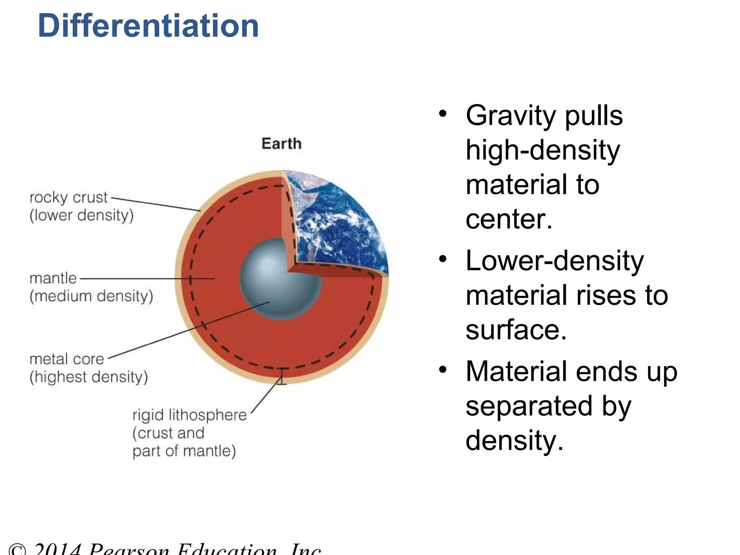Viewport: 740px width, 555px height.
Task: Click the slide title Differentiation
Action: (x=148, y=26)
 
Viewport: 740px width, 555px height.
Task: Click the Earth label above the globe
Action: (x=281, y=143)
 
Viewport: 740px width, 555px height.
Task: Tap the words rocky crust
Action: (x=68, y=197)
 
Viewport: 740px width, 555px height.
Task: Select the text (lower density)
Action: (x=82, y=215)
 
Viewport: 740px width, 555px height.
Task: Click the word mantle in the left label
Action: (x=53, y=278)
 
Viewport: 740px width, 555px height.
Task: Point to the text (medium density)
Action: (x=91, y=296)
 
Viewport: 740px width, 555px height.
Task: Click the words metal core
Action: (x=67, y=359)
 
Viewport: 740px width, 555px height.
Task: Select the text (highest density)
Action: (x=89, y=377)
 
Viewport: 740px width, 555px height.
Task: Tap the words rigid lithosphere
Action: (x=190, y=415)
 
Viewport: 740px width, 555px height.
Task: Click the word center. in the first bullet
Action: (x=509, y=219)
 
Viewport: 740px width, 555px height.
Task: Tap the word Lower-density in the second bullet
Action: (x=555, y=261)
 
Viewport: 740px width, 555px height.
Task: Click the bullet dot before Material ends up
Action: (x=443, y=370)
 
